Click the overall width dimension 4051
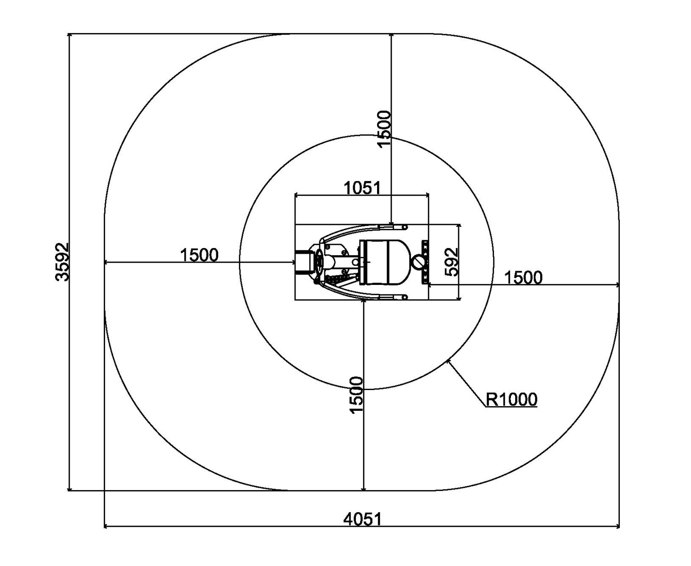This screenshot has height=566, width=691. coord(362,519)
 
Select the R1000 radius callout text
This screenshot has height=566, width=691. coord(511,399)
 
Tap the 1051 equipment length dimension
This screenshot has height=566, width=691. coord(362,188)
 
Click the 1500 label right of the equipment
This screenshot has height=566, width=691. coord(523,277)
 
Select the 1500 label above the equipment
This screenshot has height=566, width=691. coord(384,129)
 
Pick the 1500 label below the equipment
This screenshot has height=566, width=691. coord(356,395)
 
